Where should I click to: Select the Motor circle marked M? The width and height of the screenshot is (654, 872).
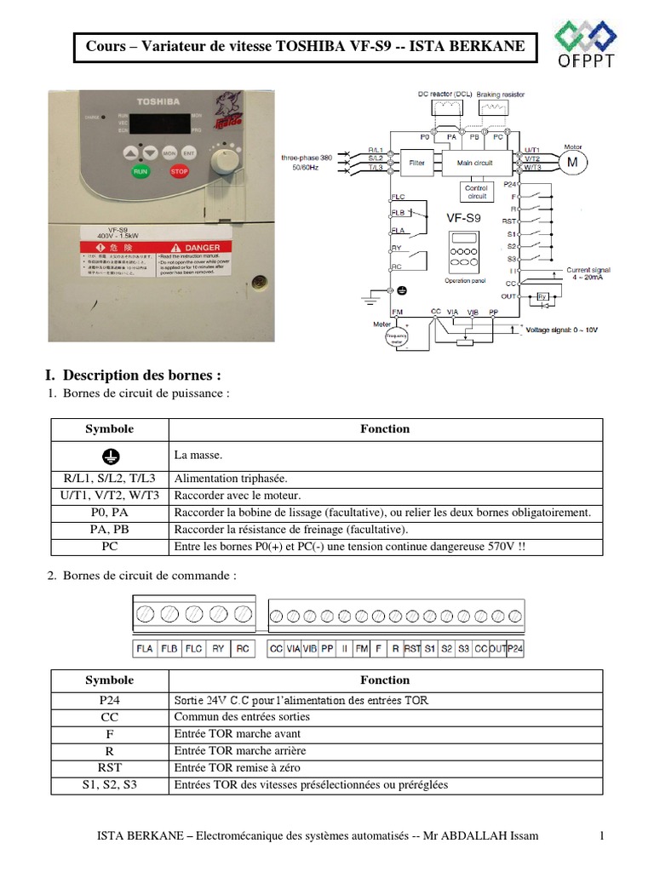click(x=572, y=162)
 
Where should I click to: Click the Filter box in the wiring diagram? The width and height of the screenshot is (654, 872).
click(x=416, y=162)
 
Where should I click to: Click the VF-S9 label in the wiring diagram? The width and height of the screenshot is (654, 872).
click(x=463, y=218)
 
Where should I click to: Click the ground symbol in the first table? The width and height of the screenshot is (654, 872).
click(x=109, y=456)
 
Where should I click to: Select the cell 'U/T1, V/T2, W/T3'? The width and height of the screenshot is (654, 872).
click(x=109, y=495)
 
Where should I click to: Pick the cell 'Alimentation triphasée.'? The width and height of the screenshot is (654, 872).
click(x=231, y=478)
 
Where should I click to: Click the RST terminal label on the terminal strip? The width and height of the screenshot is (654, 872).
click(x=412, y=649)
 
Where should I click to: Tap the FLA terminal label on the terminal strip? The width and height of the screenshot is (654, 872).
click(x=145, y=649)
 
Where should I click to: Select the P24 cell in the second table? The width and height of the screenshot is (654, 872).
click(x=109, y=700)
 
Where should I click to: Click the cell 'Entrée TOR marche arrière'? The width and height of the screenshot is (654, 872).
click(x=239, y=751)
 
